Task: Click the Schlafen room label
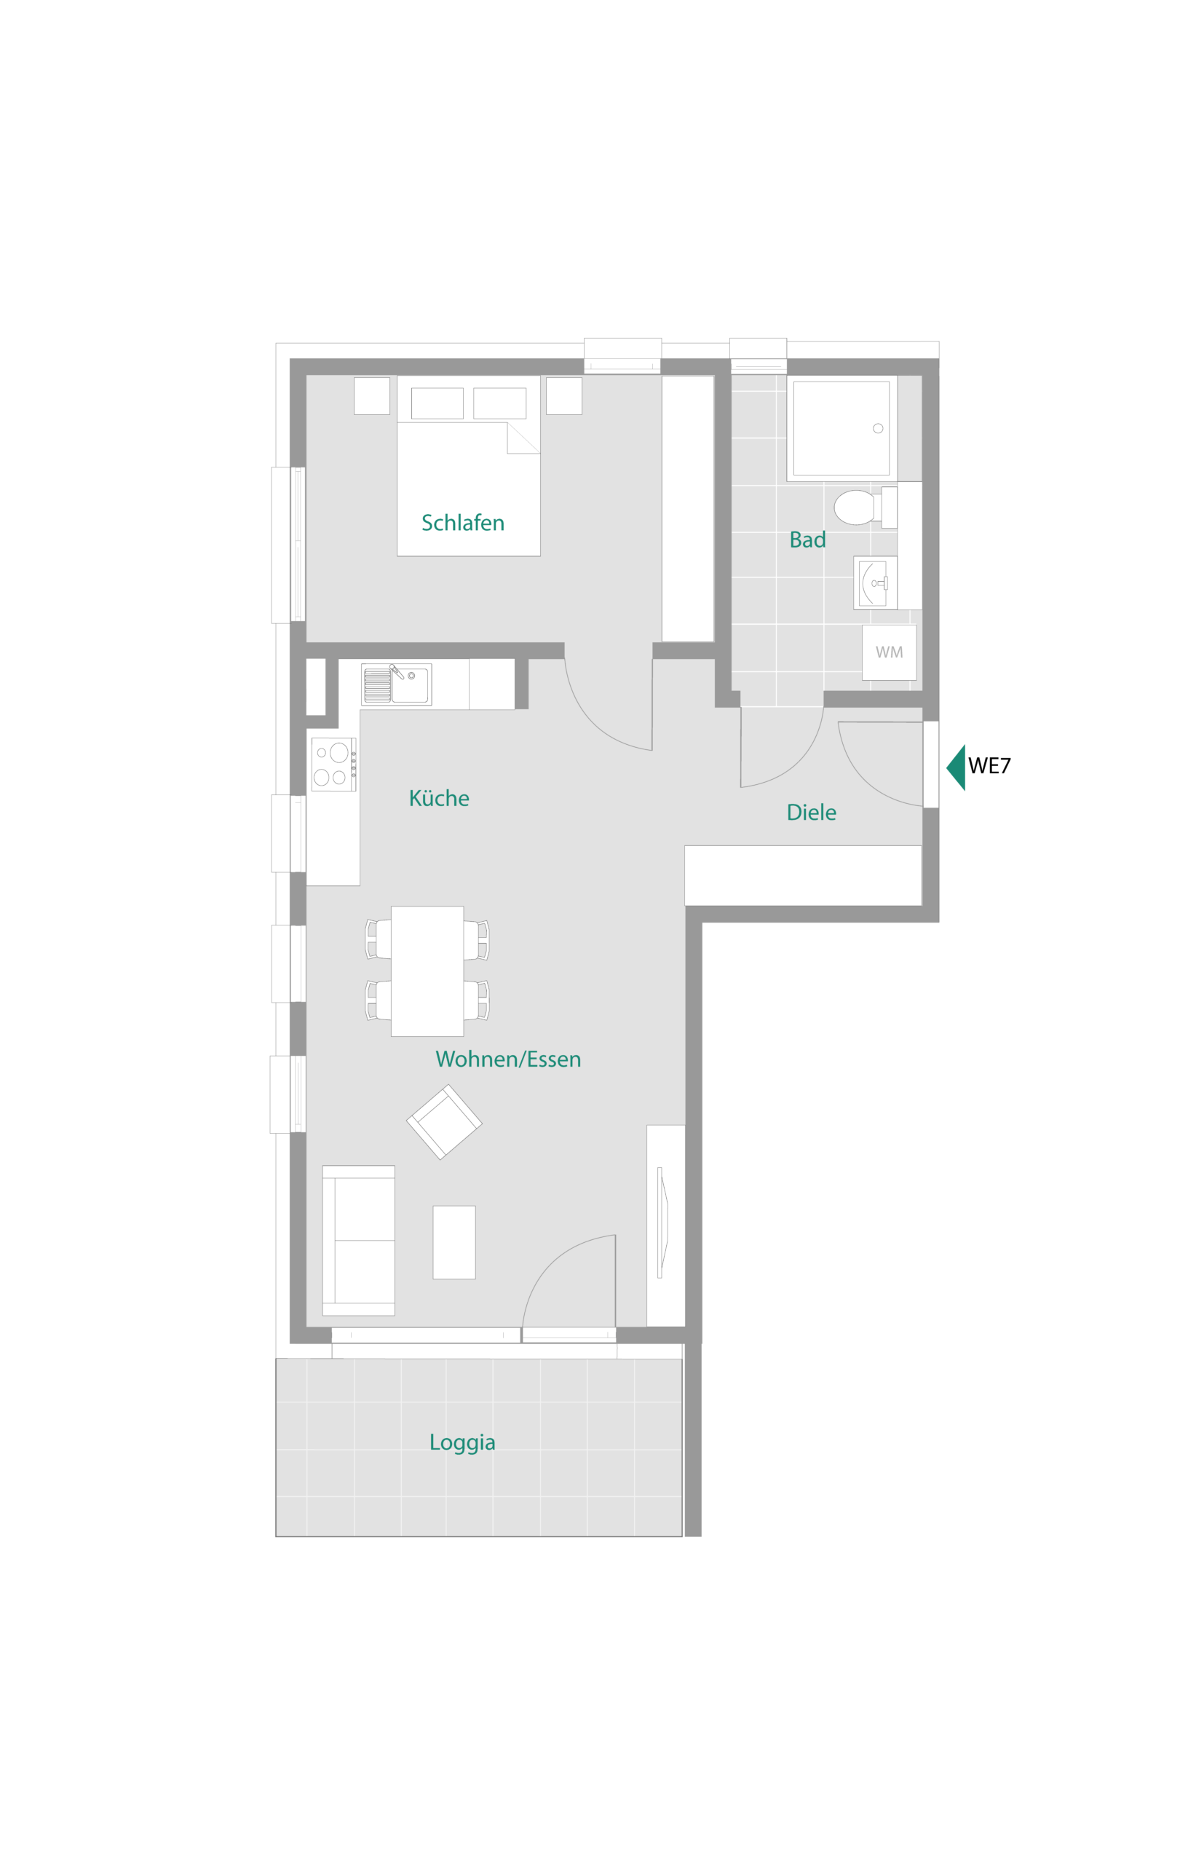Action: pos(463,524)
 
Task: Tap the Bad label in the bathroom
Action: pos(807,540)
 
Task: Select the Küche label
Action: pos(439,798)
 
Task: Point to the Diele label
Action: pos(811,812)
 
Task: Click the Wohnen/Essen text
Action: pos(507,1059)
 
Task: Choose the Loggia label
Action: pos(462,1443)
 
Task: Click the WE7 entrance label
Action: pos(989,765)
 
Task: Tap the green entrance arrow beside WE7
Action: pos(957,767)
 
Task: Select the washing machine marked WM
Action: pos(890,652)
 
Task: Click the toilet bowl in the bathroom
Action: pos(855,508)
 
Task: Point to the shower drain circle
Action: pos(878,428)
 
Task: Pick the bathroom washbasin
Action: pos(875,583)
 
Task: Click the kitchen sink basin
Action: pos(409,686)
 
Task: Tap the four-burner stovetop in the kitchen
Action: pos(333,764)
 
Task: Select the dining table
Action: pos(427,971)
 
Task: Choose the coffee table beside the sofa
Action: pos(454,1242)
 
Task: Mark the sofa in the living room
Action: pos(358,1241)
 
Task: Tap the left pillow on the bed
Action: pos(437,403)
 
